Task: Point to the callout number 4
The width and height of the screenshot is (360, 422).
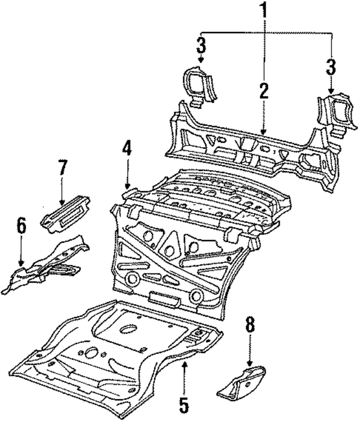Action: (127, 150)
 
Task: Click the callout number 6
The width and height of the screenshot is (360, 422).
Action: (21, 226)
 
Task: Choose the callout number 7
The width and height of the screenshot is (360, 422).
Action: (62, 168)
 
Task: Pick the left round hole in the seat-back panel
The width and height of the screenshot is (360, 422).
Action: (133, 279)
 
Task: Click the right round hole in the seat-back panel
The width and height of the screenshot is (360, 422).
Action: (195, 295)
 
